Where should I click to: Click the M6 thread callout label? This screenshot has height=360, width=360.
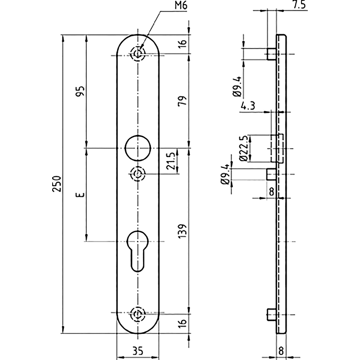coord(181,5)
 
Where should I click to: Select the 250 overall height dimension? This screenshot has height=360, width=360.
coord(57,184)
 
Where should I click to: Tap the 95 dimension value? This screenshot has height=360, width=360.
coord(80,91)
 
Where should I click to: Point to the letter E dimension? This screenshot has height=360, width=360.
coord(80,195)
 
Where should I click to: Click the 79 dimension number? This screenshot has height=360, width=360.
coord(183,101)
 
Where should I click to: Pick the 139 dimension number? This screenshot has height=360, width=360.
coord(183,231)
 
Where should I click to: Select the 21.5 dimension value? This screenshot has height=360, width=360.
coord(171,161)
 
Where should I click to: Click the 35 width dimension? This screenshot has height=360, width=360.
coord(138,351)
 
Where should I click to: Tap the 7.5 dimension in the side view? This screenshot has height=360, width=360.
coord(299,5)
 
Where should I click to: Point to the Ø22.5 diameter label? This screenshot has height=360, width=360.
coord(243,148)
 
